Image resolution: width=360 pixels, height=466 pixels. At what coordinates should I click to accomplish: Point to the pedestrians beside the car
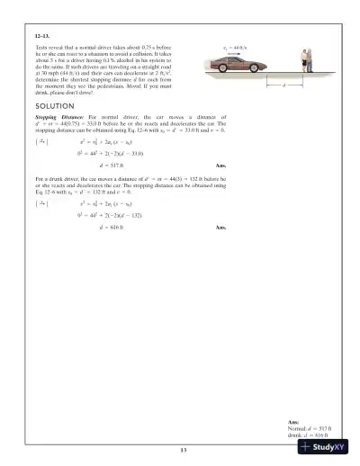click(305, 61)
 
